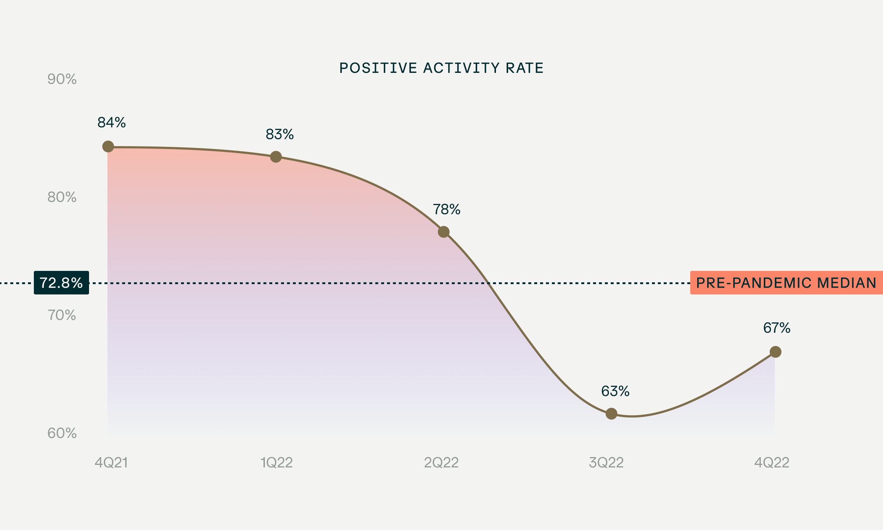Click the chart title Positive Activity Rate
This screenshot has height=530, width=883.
coord(441,68)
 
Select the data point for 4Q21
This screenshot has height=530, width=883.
coord(108,146)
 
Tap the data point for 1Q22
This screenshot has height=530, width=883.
coord(276,157)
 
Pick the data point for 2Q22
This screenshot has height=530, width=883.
coord(444,232)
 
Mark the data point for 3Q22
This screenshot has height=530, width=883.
coord(611,414)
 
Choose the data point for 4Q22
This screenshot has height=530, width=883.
coord(776,352)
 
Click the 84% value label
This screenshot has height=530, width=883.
coord(111,123)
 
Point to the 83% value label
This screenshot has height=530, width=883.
coord(280,134)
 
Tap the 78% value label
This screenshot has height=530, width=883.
coord(446,209)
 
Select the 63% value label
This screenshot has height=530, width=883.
coord(615,391)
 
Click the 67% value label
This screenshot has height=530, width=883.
coord(777,328)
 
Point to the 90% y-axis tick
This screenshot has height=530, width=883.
coord(62,79)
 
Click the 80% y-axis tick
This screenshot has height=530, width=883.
coord(62,197)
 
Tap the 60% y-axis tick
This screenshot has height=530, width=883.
coord(62,433)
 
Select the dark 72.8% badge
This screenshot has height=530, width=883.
coord(61,283)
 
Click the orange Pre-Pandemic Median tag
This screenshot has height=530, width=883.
coord(786,283)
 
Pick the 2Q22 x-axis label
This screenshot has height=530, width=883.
coord(441,463)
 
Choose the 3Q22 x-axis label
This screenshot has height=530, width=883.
coord(606,463)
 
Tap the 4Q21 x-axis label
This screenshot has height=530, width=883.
coord(111,463)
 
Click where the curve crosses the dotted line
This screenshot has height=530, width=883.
coord(489,283)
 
